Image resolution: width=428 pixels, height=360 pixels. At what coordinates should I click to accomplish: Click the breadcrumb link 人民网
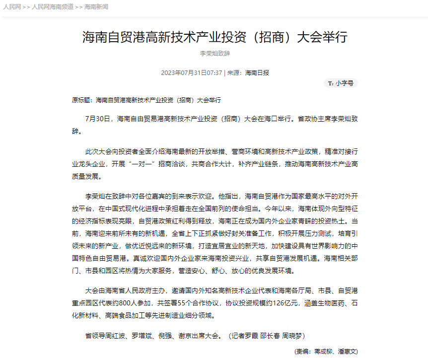pyautogui.click(x=12, y=7)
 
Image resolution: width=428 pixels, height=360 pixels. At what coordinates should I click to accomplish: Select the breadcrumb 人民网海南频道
pyautogui.click(x=53, y=7)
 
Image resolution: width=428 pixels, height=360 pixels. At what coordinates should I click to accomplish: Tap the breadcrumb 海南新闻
pyautogui.click(x=96, y=7)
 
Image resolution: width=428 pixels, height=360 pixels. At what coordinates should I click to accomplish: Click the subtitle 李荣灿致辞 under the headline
pyautogui.click(x=214, y=53)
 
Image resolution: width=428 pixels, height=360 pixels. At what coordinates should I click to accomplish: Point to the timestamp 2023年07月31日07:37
pyautogui.click(x=191, y=72)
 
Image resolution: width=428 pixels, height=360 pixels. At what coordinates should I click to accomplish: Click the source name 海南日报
pyautogui.click(x=257, y=72)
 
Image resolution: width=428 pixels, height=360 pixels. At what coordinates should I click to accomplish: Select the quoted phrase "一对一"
pyautogui.click(x=157, y=163)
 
